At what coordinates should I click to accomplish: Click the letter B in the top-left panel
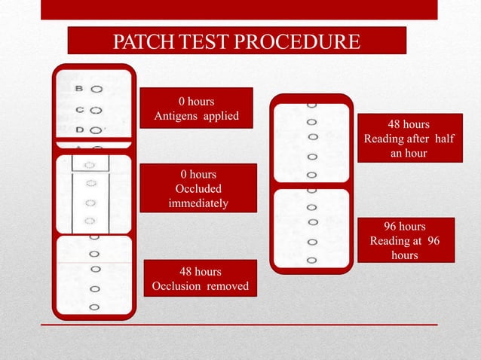(x=79, y=89)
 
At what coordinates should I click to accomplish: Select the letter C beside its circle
(x=79, y=109)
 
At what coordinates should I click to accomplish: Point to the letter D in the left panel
(x=79, y=130)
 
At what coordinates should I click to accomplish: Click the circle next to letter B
(x=97, y=89)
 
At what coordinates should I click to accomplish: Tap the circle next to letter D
(x=97, y=130)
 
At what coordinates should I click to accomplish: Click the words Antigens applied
(x=196, y=115)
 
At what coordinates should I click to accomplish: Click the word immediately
(x=198, y=203)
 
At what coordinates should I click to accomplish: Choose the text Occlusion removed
(x=200, y=285)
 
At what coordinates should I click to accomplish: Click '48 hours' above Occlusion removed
(x=200, y=271)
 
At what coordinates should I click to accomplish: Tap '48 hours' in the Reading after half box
(x=409, y=124)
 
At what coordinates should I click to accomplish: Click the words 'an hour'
(x=409, y=153)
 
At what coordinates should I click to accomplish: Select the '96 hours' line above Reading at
(x=405, y=227)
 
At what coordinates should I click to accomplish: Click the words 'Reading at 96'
(x=405, y=241)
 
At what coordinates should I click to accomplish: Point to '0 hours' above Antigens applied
(x=196, y=101)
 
